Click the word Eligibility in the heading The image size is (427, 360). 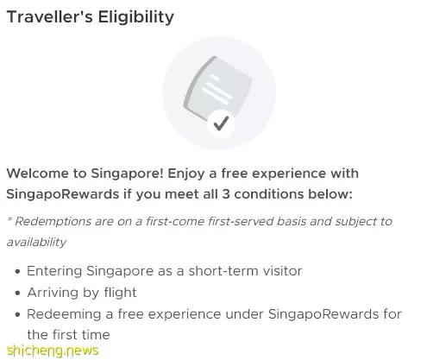coord(135,17)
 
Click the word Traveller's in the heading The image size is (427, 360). coord(49,16)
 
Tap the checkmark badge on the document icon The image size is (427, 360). coord(221,123)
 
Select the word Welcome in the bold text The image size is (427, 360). coord(37,174)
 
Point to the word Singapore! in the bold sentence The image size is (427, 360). coord(128,174)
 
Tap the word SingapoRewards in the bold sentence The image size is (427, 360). coord(63,194)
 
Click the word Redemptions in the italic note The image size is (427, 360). coord(53,221)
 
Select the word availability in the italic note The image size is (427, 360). coord(36,242)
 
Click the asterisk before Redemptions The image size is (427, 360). coord(9,220)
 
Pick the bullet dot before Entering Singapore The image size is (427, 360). coord(18,271)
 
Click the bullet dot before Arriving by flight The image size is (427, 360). coord(18,293)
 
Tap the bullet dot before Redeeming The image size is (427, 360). coord(18,314)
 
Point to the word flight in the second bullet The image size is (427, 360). coord(120,293)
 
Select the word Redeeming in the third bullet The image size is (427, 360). coord(64,314)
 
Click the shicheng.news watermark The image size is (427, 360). coord(53,351)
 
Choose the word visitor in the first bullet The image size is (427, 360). coord(279,271)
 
